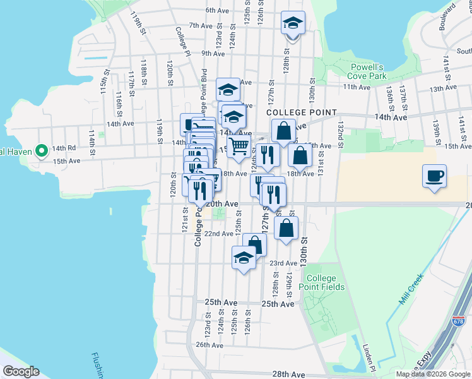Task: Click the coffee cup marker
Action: pos(434,176)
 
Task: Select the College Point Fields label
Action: pos(325,282)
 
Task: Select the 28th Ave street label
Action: pos(289,375)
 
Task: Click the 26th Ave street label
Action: pos(210,345)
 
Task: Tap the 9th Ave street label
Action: pos(214,54)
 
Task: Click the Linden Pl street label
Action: pos(369,358)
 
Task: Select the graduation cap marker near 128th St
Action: pos(293,24)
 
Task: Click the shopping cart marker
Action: pos(239,147)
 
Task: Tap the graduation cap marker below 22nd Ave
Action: pos(244,257)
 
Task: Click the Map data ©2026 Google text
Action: pos(432,374)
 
